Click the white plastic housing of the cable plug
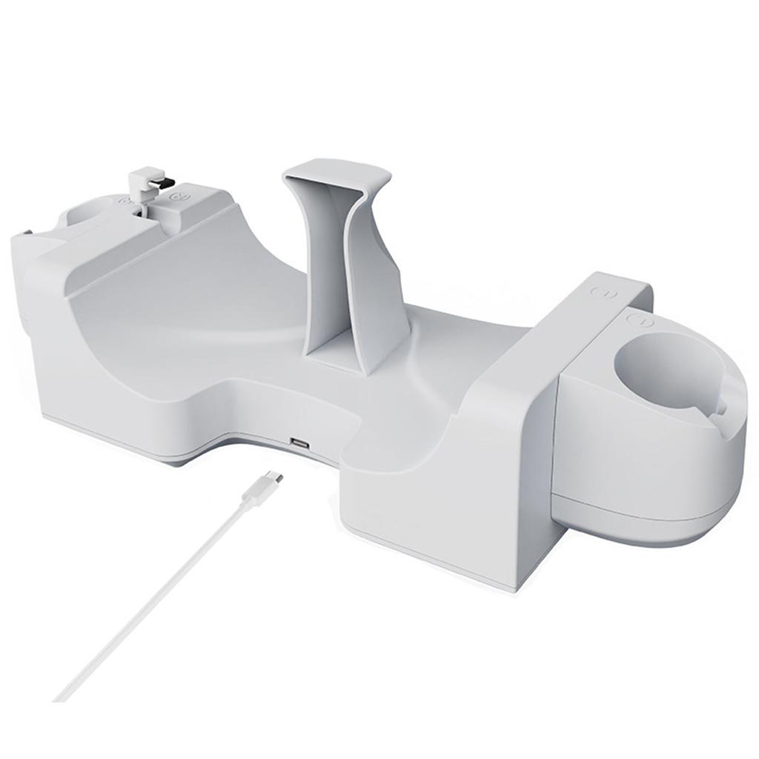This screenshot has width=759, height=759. click(x=261, y=491)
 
